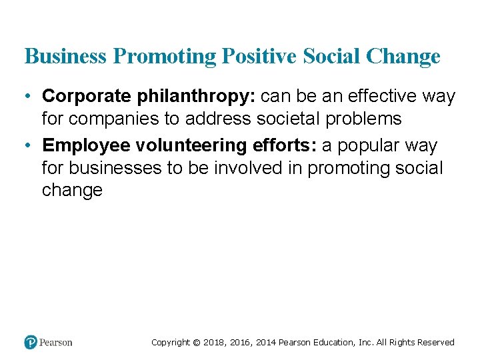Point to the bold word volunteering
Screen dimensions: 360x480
click(x=187, y=146)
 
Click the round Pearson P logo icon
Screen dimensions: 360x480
click(x=31, y=343)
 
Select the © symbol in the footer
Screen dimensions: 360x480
click(x=196, y=343)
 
